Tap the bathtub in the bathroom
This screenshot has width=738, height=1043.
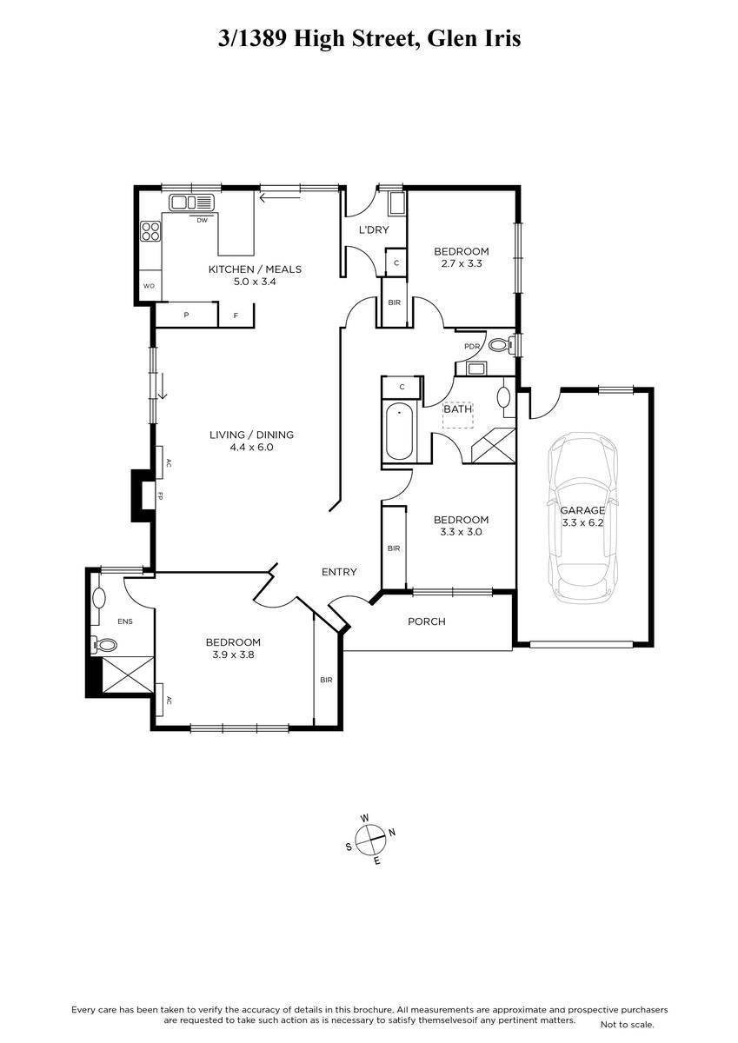click(x=399, y=432)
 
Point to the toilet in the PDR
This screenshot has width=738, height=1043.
click(x=501, y=345)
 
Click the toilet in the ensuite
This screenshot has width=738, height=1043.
click(x=104, y=645)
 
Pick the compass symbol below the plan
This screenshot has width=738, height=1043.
click(x=370, y=839)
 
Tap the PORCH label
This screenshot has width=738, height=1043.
click(x=427, y=621)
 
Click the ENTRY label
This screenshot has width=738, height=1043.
click(x=339, y=572)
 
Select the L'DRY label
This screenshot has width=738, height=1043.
click(x=374, y=229)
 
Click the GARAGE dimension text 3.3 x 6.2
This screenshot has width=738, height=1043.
click(x=582, y=522)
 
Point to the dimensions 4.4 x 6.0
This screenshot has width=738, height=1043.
click(x=251, y=447)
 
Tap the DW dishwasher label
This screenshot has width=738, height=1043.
click(x=202, y=221)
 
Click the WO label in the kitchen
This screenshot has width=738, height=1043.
click(x=149, y=286)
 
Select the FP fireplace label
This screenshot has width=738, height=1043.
click(x=160, y=495)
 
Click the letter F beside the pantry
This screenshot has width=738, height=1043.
click(x=236, y=316)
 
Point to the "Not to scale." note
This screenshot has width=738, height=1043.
click(x=628, y=1024)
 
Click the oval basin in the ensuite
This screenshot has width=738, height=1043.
click(x=99, y=597)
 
